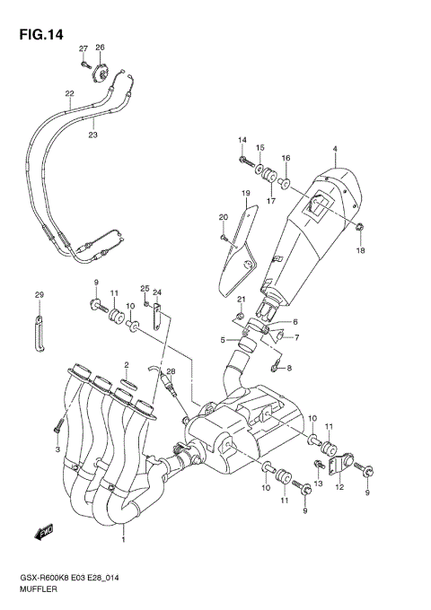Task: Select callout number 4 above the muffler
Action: pyautogui.click(x=334, y=149)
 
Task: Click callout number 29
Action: pyautogui.click(x=39, y=295)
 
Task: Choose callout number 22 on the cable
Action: pyautogui.click(x=69, y=93)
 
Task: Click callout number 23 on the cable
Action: pyautogui.click(x=92, y=135)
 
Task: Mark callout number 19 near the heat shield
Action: pyautogui.click(x=243, y=194)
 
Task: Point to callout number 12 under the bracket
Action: pyautogui.click(x=339, y=489)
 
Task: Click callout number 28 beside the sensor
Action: pyautogui.click(x=171, y=371)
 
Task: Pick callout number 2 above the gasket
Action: pyautogui.click(x=127, y=365)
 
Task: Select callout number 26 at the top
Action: pyautogui.click(x=100, y=48)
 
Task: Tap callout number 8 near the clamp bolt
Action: pyautogui.click(x=289, y=368)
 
